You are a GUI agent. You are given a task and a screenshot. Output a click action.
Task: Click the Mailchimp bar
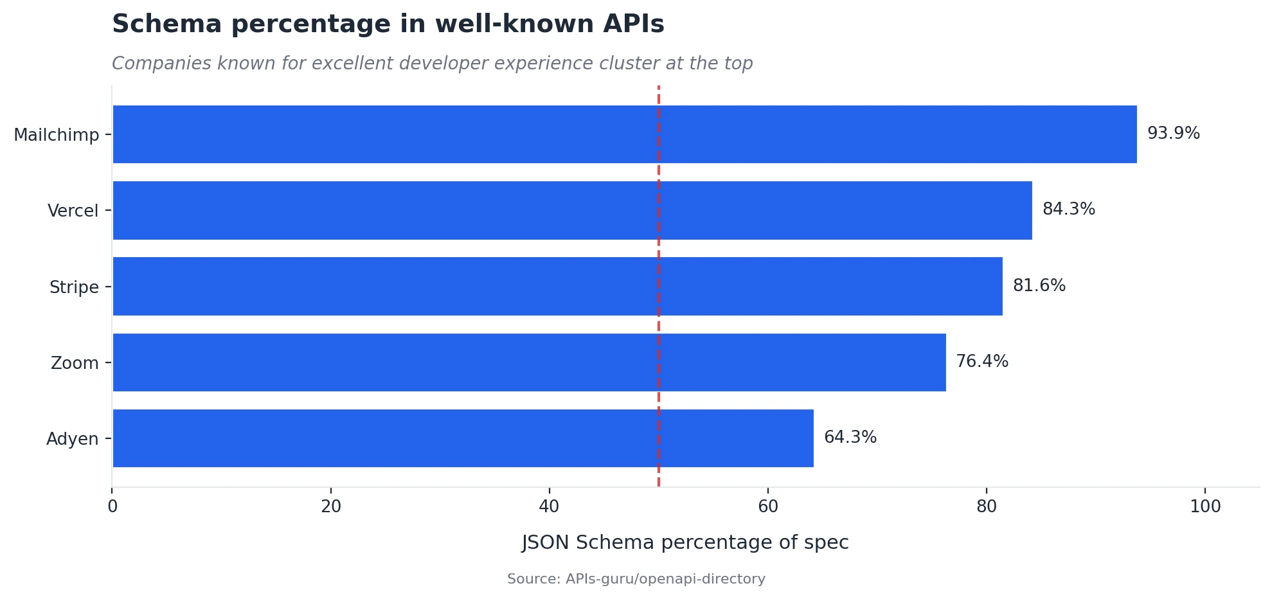(624, 134)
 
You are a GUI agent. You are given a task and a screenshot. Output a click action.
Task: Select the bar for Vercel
(572, 210)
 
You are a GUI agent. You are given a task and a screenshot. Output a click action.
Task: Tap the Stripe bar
(557, 286)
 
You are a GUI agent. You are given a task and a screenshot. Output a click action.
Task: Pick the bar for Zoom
(529, 362)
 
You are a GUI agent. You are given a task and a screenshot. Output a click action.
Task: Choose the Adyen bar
(463, 438)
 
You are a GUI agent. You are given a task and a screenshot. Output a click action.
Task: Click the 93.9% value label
(1173, 134)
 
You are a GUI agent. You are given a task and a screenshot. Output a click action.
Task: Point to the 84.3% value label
(1068, 210)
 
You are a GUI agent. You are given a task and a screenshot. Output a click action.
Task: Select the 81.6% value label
(1039, 285)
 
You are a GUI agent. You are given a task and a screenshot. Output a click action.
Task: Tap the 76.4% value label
(981, 361)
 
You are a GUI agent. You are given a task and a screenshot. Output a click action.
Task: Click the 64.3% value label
(850, 438)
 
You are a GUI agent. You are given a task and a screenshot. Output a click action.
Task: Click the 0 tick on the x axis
(112, 507)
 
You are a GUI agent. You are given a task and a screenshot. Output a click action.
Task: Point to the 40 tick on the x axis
(549, 507)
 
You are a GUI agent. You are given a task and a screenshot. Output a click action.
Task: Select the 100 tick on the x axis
(1205, 507)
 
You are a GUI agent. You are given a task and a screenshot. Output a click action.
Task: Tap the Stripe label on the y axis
(74, 287)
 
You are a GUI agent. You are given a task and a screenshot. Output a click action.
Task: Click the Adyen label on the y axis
(72, 439)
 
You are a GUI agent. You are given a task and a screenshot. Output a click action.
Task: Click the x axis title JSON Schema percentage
(685, 542)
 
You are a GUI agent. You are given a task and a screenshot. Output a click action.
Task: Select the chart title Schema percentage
(388, 24)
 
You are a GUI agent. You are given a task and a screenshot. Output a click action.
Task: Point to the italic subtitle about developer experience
(432, 64)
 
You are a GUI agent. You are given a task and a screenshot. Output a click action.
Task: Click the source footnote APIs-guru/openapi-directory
(636, 579)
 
